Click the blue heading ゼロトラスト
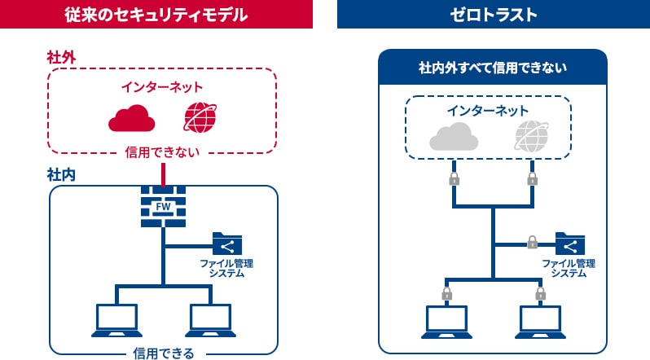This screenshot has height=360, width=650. click(493, 14)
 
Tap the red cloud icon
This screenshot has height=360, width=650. click(131, 118)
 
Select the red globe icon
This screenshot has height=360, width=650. click(201, 117)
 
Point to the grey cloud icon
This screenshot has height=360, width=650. click(455, 138)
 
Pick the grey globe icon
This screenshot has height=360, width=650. click(531, 137)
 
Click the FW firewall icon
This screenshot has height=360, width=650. click(164, 206)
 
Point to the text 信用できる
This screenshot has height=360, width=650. click(163, 353)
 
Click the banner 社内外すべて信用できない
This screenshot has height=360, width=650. click(493, 67)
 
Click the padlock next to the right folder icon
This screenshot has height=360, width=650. click(532, 242)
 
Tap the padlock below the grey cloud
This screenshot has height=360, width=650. click(455, 178)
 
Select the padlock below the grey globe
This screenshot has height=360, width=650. click(532, 178)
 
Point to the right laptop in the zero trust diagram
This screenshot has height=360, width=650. click(539, 321)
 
